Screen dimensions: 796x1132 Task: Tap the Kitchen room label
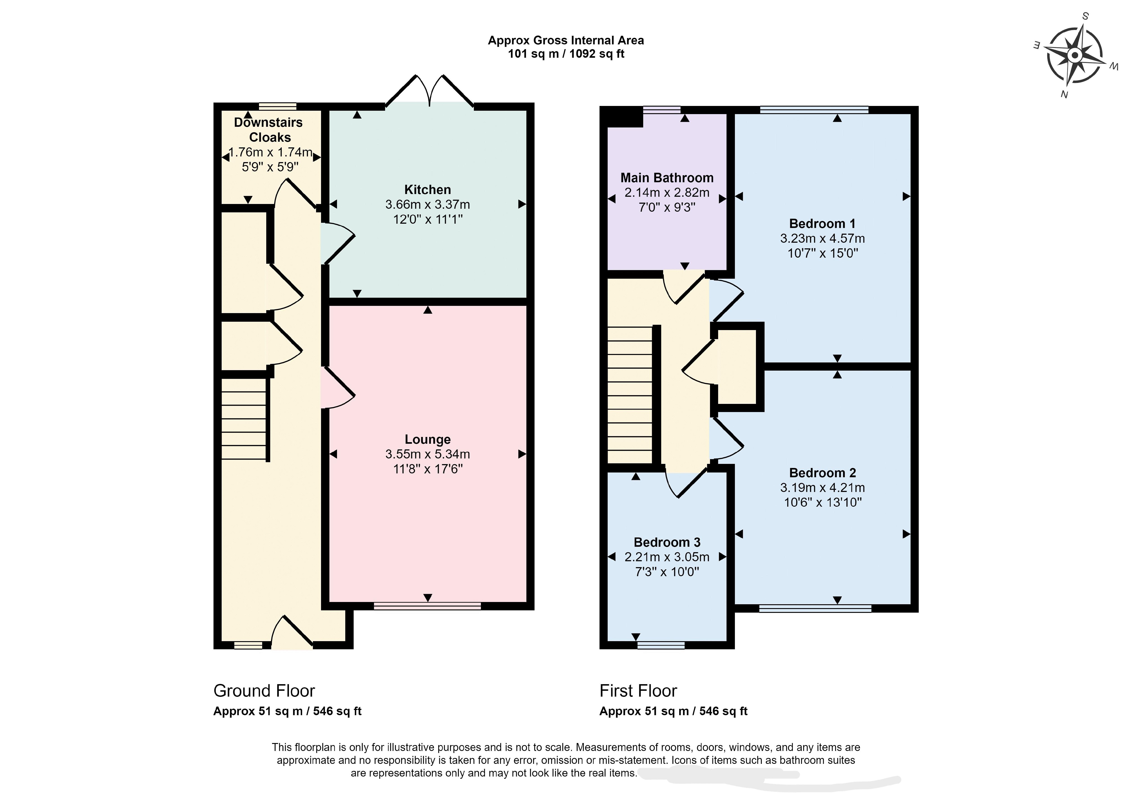(427, 190)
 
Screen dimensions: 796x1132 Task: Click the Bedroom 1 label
(822, 224)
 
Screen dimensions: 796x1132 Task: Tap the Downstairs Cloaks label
(269, 130)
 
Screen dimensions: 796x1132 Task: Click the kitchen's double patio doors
(429, 91)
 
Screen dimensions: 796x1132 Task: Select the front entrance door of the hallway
(292, 633)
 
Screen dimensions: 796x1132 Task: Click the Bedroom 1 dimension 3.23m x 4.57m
(822, 239)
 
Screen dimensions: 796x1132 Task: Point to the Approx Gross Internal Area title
(566, 41)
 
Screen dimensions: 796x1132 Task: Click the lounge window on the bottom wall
(427, 606)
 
